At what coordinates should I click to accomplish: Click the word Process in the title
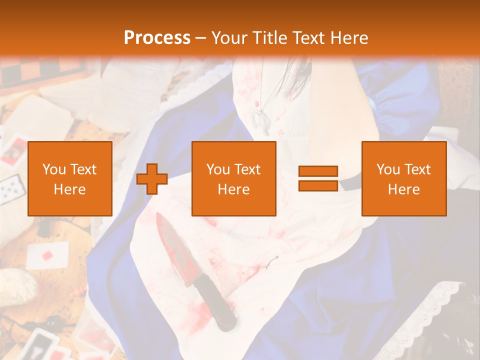157,37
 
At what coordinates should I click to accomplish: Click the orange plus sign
152,178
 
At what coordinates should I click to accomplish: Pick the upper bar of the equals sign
318,171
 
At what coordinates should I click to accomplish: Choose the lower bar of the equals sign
318,185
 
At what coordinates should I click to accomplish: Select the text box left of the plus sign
69,178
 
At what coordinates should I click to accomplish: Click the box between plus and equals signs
233,178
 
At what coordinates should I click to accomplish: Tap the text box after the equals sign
403,178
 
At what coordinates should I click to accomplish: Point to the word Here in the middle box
233,189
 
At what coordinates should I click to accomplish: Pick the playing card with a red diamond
47,254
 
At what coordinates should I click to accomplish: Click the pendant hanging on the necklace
257,120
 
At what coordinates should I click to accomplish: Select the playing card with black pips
10,190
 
